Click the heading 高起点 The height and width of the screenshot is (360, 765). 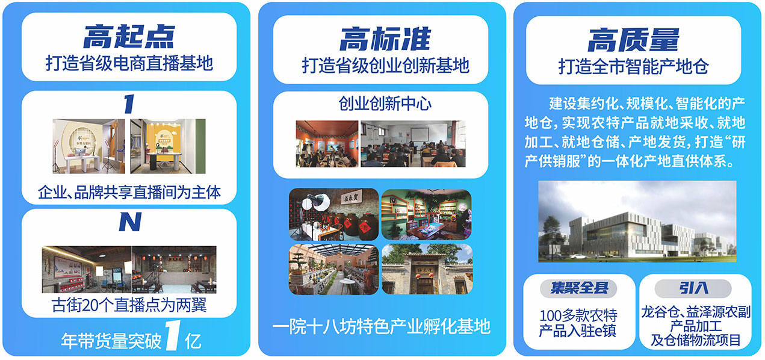point(129,37)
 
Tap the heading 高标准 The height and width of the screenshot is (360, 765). point(385,39)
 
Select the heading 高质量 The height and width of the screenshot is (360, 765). point(633,40)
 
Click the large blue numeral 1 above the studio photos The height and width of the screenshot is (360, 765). point(129,104)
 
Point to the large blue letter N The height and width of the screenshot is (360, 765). point(130,222)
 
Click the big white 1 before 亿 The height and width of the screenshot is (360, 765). point(173,335)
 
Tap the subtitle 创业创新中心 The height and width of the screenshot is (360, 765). point(385,104)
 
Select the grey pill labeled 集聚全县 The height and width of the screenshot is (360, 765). point(578,288)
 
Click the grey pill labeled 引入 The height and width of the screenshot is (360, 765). point(693,288)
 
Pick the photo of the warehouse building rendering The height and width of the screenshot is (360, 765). point(637,222)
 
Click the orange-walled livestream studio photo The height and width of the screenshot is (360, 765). point(168,146)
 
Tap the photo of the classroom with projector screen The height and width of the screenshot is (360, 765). point(413,144)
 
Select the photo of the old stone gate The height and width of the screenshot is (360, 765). point(427,269)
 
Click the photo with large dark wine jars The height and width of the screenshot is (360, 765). point(333,214)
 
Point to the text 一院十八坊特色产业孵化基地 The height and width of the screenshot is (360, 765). point(382,326)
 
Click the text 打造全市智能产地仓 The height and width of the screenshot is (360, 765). point(634,66)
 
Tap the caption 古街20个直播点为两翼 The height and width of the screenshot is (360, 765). point(129,305)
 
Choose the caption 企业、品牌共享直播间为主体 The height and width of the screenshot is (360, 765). point(129,192)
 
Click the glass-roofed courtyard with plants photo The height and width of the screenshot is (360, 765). point(333,269)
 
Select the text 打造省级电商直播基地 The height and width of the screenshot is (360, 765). point(129,63)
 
